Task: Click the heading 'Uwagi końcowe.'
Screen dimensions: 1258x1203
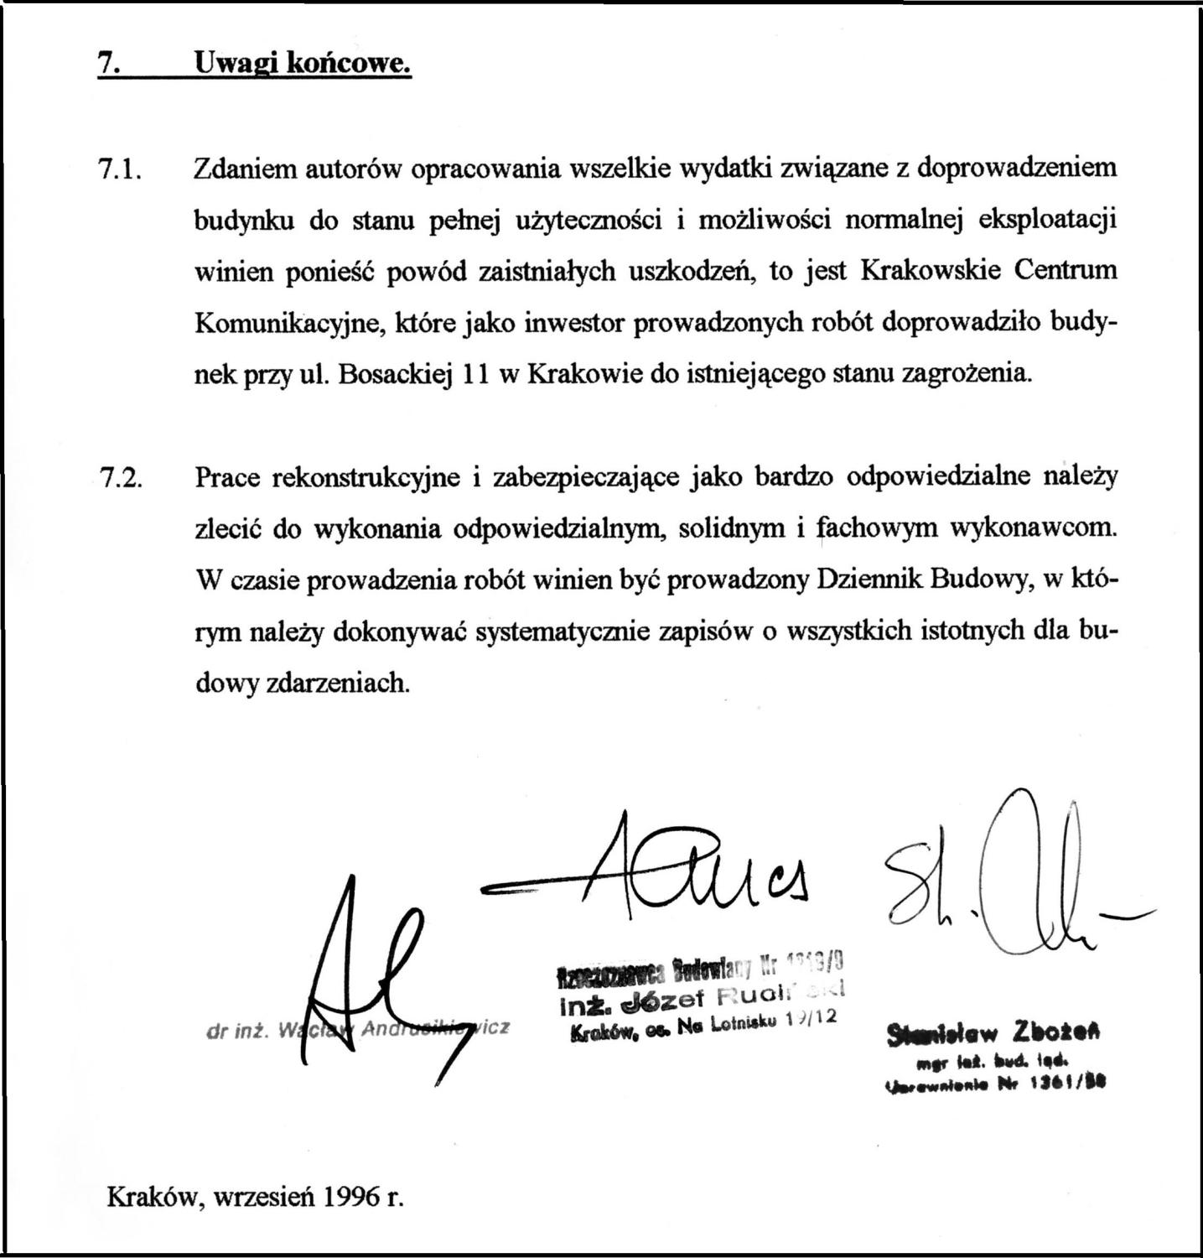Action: tap(303, 62)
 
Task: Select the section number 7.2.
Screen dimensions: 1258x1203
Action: tap(122, 478)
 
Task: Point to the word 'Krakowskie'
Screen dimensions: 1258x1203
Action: tap(931, 271)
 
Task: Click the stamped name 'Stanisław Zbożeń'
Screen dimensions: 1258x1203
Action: tap(993, 1032)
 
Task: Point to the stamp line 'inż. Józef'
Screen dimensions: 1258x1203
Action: tap(625, 998)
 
